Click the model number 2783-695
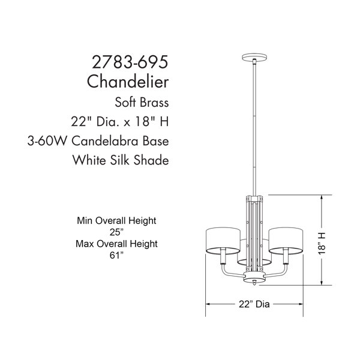[130, 62]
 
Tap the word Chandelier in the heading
[128, 81]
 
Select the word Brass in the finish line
[155, 102]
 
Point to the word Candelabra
[105, 141]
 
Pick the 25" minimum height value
[116, 232]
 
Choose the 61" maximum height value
[116, 255]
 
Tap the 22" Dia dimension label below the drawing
[254, 304]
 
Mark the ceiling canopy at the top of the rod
[254, 57]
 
